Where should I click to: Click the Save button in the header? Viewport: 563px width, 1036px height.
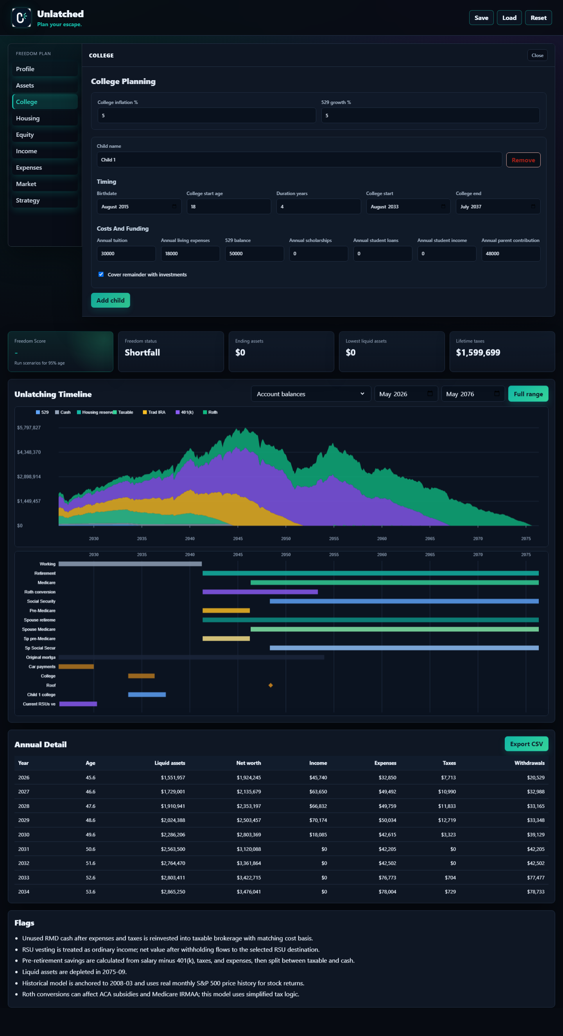pyautogui.click(x=481, y=18)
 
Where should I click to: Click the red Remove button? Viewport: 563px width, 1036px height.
pyautogui.click(x=523, y=160)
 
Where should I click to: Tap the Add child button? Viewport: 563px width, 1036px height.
pyautogui.click(x=110, y=300)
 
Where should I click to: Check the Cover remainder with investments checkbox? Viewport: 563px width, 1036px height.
pyautogui.click(x=101, y=274)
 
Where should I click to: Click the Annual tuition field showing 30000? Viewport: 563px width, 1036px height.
pyautogui.click(x=126, y=254)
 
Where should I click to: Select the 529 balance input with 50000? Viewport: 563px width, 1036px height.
pyautogui.click(x=254, y=254)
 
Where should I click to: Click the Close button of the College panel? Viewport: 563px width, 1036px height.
pyautogui.click(x=537, y=56)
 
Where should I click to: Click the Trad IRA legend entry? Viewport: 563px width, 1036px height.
pyautogui.click(x=154, y=412)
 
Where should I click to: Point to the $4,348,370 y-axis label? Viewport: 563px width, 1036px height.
pyautogui.click(x=29, y=452)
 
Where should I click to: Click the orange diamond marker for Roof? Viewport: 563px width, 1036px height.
pyautogui.click(x=271, y=685)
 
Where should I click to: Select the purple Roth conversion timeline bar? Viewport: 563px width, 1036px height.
pyautogui.click(x=260, y=592)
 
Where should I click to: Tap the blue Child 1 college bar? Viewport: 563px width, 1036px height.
pyautogui.click(x=147, y=695)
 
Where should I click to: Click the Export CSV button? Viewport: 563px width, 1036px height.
pyautogui.click(x=526, y=744)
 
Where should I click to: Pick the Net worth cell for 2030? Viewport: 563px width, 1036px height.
pyautogui.click(x=249, y=835)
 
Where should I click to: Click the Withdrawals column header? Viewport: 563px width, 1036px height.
pyautogui.click(x=529, y=763)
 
